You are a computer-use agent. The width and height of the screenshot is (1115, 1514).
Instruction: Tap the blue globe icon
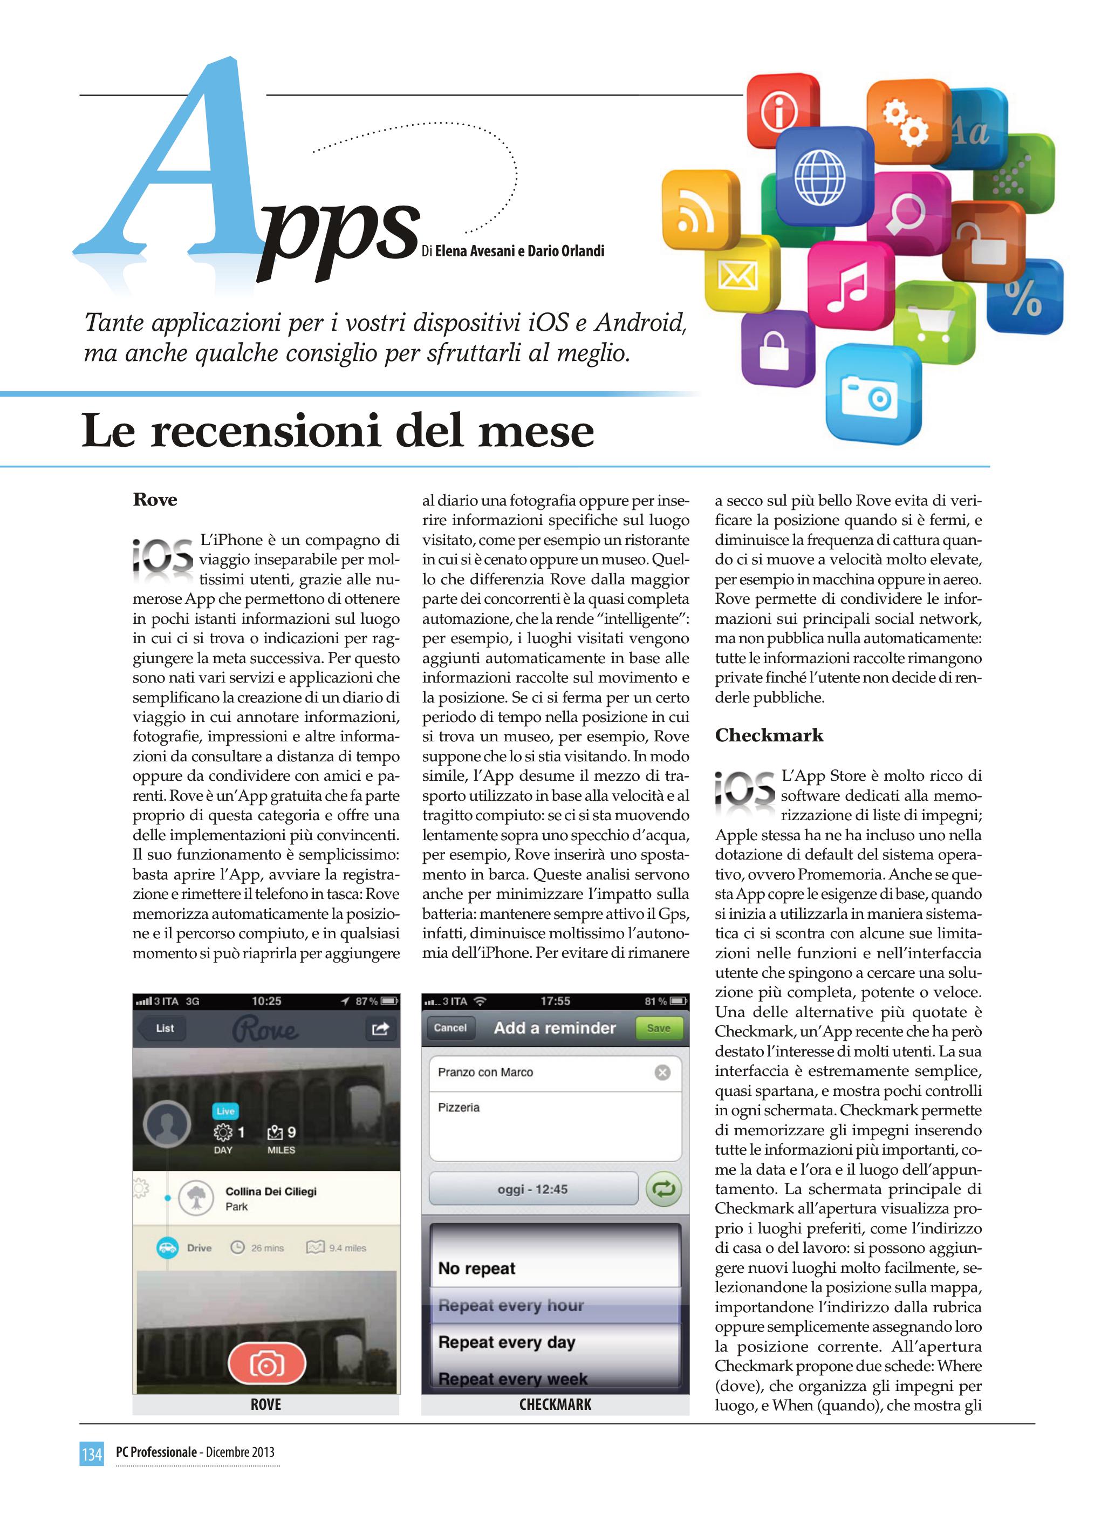(x=819, y=177)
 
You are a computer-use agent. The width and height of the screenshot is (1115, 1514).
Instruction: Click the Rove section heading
(x=155, y=500)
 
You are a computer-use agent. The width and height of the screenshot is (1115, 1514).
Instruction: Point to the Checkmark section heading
(x=769, y=735)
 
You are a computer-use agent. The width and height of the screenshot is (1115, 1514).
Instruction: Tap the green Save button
(x=658, y=1028)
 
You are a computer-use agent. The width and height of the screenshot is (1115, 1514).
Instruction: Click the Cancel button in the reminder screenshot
(x=450, y=1028)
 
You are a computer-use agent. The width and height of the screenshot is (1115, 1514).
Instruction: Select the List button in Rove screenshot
(x=164, y=1028)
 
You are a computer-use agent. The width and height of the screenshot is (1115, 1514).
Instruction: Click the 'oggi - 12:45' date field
(x=532, y=1189)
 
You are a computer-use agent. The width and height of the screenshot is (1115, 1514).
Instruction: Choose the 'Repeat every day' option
(x=507, y=1342)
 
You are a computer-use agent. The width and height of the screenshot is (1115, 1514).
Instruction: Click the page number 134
(x=92, y=1452)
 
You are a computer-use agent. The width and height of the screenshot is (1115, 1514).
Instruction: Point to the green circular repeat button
(x=663, y=1189)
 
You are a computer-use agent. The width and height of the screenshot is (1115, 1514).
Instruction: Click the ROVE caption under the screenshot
(x=266, y=1404)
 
